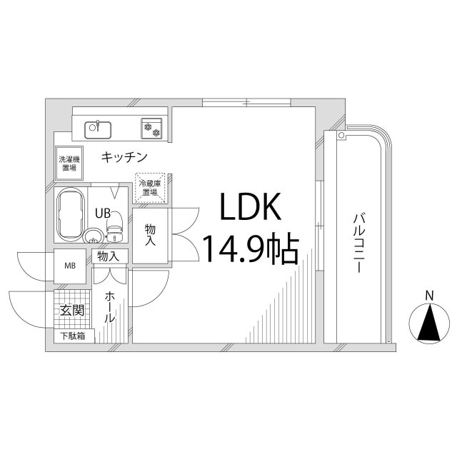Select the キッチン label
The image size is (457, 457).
(x=124, y=156)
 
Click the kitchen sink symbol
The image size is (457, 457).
(x=98, y=129)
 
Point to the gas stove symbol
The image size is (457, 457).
(x=151, y=128)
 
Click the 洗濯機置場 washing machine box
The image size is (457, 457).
(x=69, y=163)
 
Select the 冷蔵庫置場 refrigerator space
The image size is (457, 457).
(x=149, y=187)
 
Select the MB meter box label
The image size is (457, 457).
(x=70, y=266)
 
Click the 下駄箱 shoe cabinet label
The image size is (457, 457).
(x=71, y=336)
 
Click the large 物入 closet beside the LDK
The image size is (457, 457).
(x=150, y=235)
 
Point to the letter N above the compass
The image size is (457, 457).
(x=429, y=295)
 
